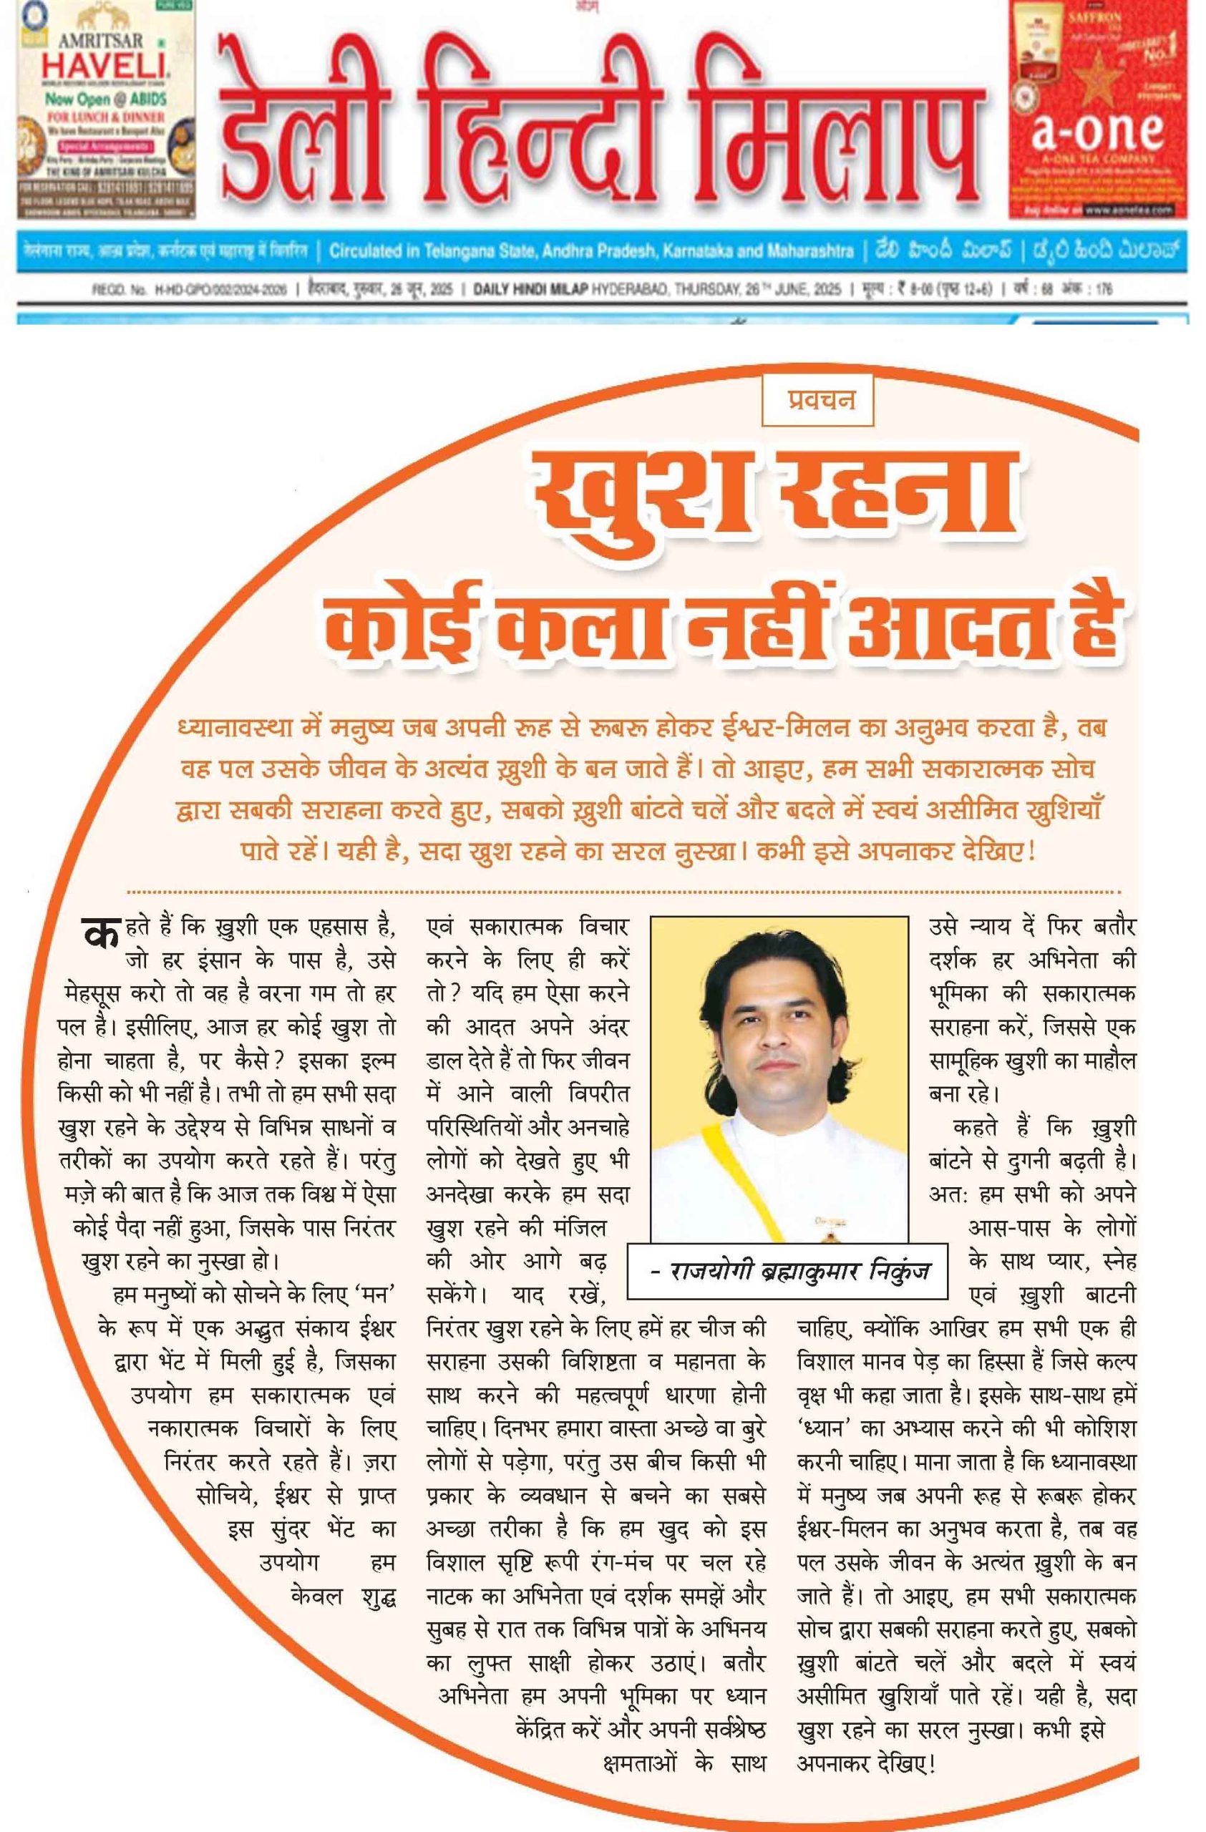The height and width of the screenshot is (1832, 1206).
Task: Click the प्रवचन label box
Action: pos(817,400)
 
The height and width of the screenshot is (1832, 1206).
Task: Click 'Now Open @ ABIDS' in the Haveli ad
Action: pos(105,99)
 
